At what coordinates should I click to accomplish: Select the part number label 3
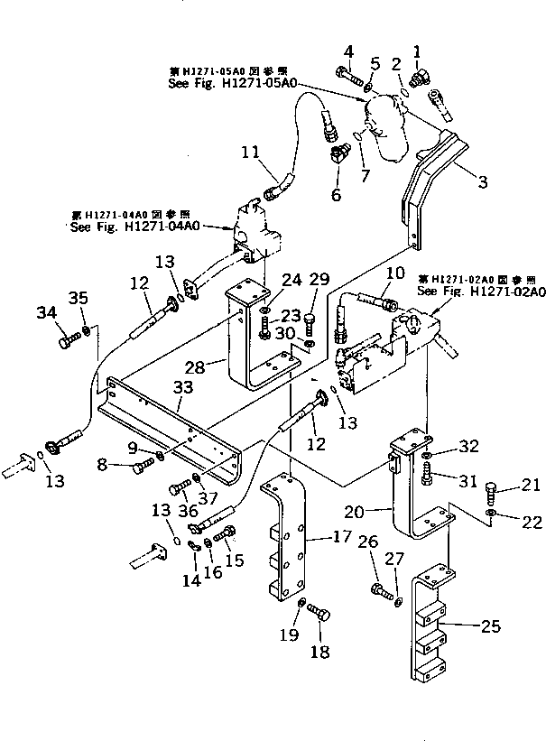[483, 182]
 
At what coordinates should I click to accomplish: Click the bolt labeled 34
[67, 341]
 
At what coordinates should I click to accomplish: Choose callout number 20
[378, 511]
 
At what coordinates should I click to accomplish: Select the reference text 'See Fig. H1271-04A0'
[131, 227]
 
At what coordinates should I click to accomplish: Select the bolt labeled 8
[141, 467]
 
